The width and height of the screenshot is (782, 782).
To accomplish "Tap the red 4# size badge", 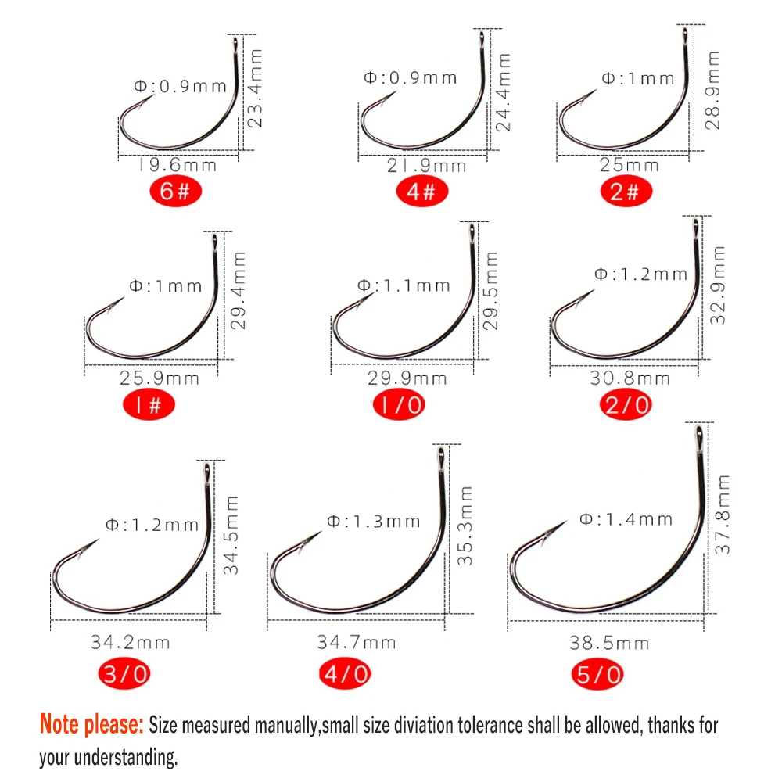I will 421,192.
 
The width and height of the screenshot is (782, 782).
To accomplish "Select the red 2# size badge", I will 625,192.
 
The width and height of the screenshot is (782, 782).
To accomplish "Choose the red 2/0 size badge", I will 626,404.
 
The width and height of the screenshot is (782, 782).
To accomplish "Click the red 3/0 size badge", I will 124,674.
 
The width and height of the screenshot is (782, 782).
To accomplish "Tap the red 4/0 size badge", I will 345,674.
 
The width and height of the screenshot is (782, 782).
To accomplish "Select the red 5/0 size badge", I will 601,674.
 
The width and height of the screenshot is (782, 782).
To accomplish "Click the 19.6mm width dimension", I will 178,165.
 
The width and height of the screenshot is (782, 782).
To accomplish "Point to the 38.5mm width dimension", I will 609,643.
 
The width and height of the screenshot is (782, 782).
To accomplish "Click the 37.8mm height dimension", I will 724,514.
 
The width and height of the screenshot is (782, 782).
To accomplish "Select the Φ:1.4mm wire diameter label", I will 626,518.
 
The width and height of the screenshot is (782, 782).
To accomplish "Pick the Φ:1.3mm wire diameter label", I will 374,521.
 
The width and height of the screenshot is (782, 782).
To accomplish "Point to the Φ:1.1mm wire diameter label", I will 404,285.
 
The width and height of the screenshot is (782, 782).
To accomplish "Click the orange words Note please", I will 91,725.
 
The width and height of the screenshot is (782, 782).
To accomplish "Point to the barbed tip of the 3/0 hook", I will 97,541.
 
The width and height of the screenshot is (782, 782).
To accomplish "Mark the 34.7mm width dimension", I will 356,643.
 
